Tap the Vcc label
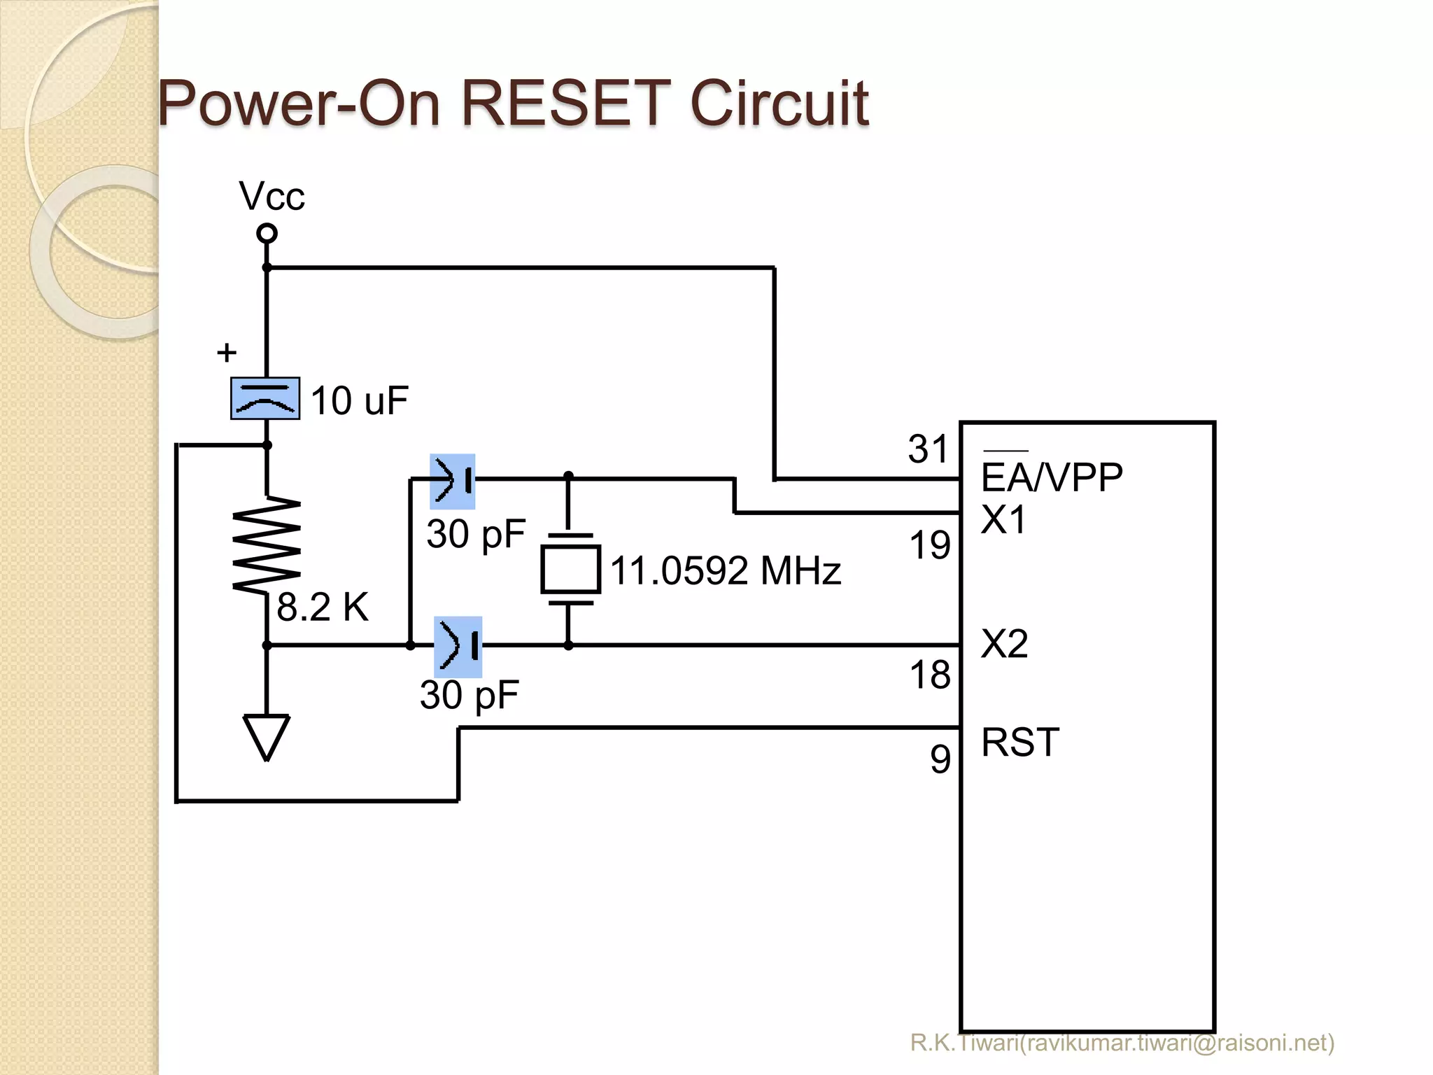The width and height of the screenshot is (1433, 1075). pyautogui.click(x=271, y=196)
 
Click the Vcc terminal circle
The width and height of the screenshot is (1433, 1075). pyautogui.click(x=267, y=233)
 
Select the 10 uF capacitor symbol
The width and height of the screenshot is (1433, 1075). pyautogui.click(x=265, y=398)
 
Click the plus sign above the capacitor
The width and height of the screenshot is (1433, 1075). pyautogui.click(x=226, y=352)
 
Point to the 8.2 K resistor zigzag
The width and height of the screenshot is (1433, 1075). pyautogui.click(x=267, y=544)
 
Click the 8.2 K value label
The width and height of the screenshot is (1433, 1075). pyautogui.click(x=322, y=607)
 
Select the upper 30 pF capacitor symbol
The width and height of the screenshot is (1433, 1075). pyautogui.click(x=453, y=481)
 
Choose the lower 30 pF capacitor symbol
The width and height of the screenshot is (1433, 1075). pyautogui.click(x=458, y=646)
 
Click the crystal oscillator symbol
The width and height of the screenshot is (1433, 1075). pyautogui.click(x=570, y=569)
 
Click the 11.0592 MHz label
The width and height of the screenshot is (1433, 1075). pyautogui.click(x=725, y=570)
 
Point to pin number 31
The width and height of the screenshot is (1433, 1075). pyautogui.click(x=927, y=449)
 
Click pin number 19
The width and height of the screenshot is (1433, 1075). pyautogui.click(x=929, y=544)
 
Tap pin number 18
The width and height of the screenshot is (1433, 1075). pyautogui.click(x=929, y=675)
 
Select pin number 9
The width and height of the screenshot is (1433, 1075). pyautogui.click(x=940, y=759)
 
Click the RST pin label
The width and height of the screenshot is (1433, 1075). pyautogui.click(x=1019, y=743)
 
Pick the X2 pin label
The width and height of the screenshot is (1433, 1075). pyautogui.click(x=1004, y=644)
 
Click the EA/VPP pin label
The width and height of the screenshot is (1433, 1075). pyautogui.click(x=1051, y=478)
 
